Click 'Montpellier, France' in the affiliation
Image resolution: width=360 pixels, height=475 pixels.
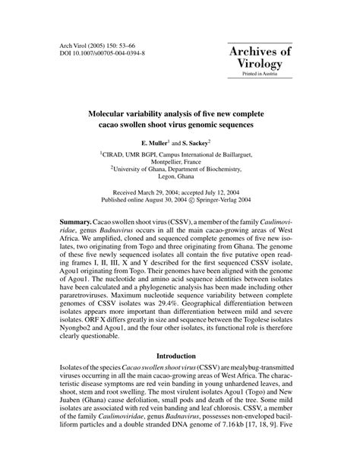[180, 162]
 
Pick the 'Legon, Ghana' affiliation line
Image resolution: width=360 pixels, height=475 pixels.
[180, 180]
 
